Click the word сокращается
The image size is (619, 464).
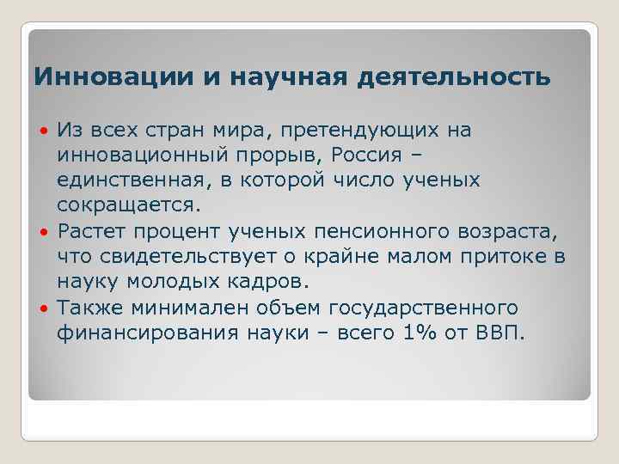pyautogui.click(x=128, y=206)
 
